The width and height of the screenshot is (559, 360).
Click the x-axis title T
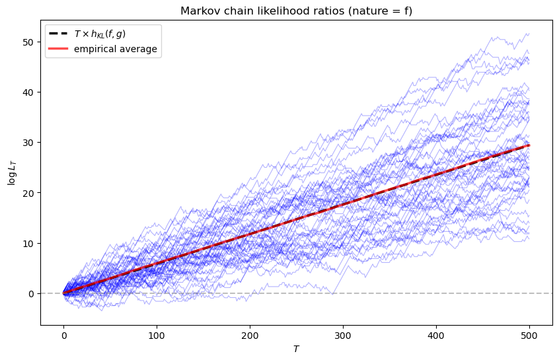click(x=296, y=349)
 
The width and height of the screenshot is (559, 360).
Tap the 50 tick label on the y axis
click(x=28, y=42)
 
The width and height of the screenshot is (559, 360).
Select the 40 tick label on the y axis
click(x=28, y=92)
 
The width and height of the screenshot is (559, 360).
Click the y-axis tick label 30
click(x=28, y=143)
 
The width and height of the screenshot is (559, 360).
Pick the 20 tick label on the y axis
click(x=28, y=193)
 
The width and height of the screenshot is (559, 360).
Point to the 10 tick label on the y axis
click(x=28, y=244)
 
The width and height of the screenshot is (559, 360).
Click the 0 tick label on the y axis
click(x=31, y=294)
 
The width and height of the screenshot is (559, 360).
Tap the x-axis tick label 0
click(x=64, y=336)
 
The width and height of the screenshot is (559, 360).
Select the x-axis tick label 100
click(x=157, y=336)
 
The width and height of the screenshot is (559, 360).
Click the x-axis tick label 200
click(x=250, y=336)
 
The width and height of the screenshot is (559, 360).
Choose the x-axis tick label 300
click(x=343, y=336)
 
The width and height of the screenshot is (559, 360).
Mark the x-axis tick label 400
click(x=436, y=336)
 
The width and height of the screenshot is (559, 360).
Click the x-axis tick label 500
click(x=529, y=336)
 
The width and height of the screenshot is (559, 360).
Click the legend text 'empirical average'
click(x=116, y=49)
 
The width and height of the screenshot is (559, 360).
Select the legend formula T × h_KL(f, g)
click(x=100, y=34)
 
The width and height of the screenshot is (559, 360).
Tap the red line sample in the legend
click(x=58, y=48)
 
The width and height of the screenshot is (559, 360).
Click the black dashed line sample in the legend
click(x=58, y=34)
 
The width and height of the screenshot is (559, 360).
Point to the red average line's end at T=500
click(x=529, y=145)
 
